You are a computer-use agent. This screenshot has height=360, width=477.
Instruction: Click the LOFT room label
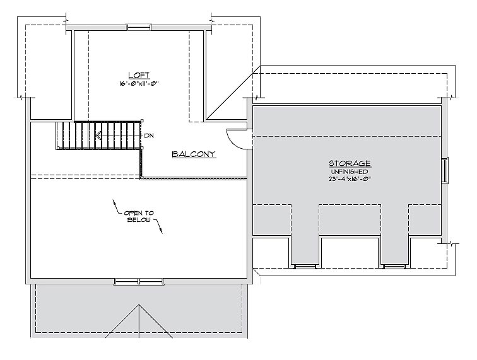point(139,76)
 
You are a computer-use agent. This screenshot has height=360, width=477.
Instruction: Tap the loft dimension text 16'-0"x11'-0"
point(139,84)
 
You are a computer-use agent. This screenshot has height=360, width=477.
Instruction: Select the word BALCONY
point(194,154)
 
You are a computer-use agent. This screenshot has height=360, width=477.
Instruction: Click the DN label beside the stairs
point(149,136)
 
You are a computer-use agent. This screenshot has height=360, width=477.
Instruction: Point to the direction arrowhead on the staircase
point(98,135)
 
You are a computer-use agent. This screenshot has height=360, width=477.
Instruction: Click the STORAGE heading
point(350,163)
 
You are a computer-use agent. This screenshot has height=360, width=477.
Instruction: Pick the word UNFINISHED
point(350,172)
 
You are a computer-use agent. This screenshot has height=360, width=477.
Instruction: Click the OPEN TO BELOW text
point(139,216)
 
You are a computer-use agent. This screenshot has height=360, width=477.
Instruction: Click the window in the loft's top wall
point(139,28)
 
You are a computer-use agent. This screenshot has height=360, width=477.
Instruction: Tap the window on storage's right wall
point(445,170)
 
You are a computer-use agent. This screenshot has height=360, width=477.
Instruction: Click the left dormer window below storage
point(305,267)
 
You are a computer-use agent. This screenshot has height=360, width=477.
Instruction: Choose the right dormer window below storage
point(394,267)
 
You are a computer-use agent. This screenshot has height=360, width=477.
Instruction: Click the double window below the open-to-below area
point(139,281)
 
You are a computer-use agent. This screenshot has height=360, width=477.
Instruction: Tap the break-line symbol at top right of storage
point(449,98)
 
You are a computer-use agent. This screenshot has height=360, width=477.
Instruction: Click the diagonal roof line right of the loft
point(233,93)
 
